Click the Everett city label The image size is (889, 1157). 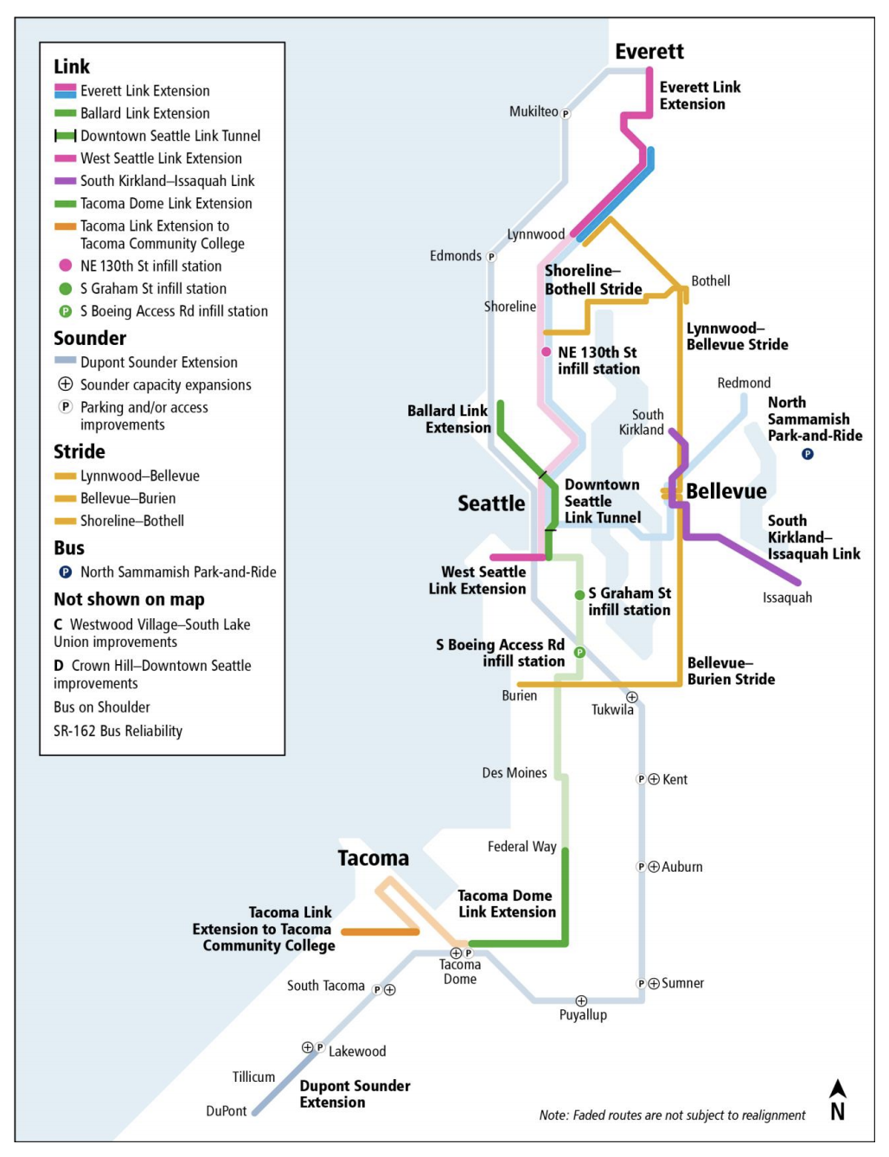point(649,52)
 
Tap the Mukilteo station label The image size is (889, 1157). point(534,112)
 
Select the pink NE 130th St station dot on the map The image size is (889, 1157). point(546,352)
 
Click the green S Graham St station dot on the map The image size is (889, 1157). point(579,595)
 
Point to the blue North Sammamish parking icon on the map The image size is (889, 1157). point(807,454)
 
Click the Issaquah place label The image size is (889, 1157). point(787,598)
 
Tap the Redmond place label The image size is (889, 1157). point(744,383)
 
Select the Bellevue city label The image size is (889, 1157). point(726,491)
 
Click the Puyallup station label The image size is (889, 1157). point(583,1015)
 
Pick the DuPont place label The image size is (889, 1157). point(227,1111)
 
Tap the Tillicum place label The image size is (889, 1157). point(253,1077)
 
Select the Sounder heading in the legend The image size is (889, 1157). point(90,338)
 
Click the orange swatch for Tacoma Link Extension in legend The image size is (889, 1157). point(65,227)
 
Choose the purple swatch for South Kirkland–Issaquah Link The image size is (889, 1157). point(65,182)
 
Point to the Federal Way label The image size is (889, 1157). point(521,847)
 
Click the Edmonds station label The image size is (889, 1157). point(456,256)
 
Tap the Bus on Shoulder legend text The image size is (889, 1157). point(102,707)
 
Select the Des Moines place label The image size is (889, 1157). point(515,773)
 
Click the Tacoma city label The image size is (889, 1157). point(373,859)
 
